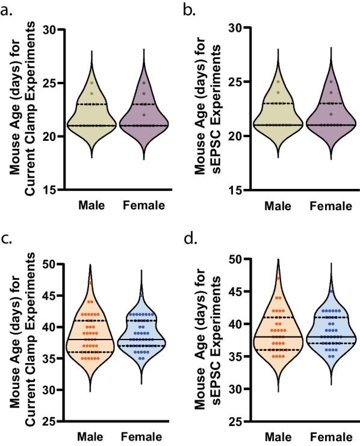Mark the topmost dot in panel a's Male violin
click(92, 83)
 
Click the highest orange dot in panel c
click(91, 282)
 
